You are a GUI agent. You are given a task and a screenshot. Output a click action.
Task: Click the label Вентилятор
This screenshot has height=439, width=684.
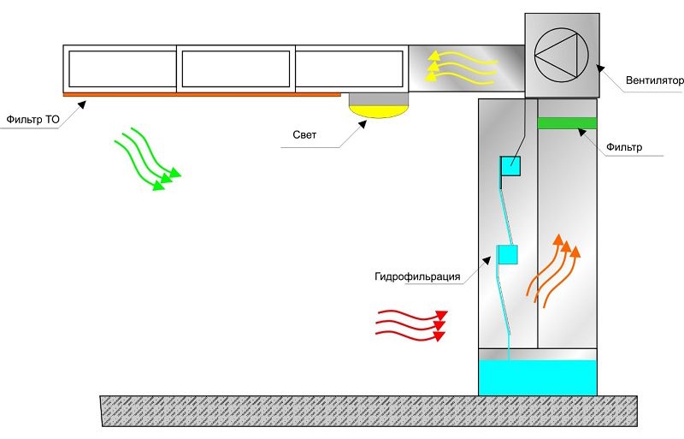pos(654,80)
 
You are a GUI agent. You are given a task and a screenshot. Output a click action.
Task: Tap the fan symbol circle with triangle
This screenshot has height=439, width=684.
pos(562,56)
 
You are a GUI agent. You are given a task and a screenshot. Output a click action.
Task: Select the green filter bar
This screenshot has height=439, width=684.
pos(567,123)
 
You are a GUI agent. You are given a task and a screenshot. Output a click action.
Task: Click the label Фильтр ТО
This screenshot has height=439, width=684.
pos(32,119)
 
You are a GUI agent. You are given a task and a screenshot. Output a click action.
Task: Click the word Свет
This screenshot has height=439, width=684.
pos(304,134)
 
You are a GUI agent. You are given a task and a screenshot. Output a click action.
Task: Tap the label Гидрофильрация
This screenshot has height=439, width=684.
pos(417,276)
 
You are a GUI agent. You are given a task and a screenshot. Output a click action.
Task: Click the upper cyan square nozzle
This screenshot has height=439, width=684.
pos(510,166)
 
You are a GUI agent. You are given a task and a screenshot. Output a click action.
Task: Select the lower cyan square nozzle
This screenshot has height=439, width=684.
pos(508,255)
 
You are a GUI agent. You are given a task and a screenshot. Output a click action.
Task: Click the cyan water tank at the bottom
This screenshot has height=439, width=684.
pos(538,378)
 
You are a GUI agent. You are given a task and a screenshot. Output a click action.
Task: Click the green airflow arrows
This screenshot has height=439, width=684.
pos(147,159)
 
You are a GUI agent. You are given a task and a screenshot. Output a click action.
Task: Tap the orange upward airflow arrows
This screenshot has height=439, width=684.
pos(554,270)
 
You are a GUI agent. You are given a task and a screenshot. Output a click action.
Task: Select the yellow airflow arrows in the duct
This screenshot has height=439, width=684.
pos(461,68)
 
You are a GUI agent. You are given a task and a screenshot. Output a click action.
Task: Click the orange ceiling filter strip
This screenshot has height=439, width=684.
pos(202,94)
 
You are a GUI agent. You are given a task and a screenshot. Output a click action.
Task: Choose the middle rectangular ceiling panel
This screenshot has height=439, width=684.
pos(236,68)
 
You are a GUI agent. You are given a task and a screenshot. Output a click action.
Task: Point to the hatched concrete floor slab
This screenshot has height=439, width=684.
pos(369,411)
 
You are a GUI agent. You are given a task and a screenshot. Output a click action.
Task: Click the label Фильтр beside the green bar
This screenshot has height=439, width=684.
pos(624,148)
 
